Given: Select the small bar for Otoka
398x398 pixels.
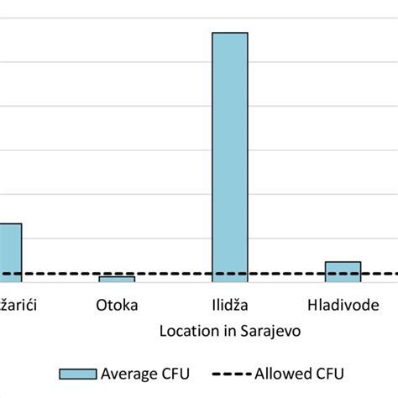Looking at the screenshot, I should (x=117, y=279).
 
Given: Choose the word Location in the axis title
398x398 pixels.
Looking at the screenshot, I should (x=186, y=331).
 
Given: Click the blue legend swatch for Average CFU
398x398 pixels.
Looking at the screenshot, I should (x=77, y=374).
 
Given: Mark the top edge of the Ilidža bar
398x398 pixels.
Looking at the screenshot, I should (x=229, y=33).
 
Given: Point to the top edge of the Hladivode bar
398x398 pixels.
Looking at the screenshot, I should (x=343, y=262).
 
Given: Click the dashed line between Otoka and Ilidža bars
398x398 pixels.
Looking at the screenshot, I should (x=172, y=274).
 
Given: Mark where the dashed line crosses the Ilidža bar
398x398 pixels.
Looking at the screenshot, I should (x=229, y=274).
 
